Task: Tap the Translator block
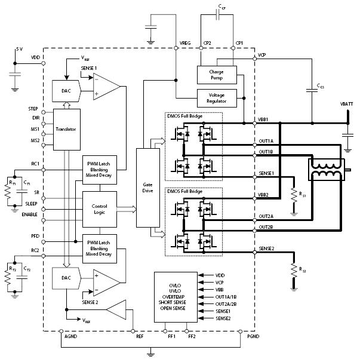point(66,129)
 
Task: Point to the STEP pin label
point(33,109)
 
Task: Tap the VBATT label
point(347,103)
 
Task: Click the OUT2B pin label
point(266,228)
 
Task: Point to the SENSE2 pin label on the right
point(266,248)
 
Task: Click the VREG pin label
point(186,44)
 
